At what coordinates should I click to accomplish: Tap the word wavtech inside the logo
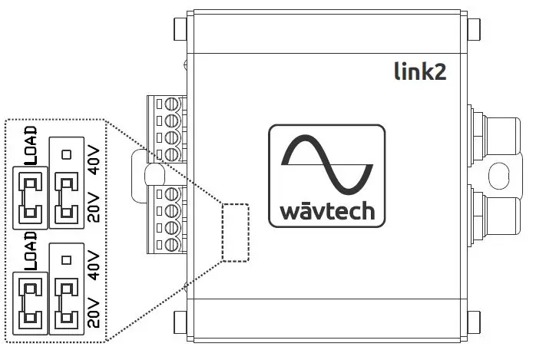coord(327,210)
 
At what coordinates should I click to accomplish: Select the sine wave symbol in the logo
coord(327,164)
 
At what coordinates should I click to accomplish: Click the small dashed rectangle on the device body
coord(235,230)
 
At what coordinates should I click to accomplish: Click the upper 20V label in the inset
coord(94,207)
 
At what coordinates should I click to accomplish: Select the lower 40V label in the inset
coord(94,263)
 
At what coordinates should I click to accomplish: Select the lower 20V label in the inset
coord(94,312)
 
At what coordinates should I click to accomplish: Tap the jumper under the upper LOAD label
coord(31,198)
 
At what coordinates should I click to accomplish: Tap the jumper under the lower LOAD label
coord(31,302)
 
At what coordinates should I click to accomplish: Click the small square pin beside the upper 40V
coord(66,154)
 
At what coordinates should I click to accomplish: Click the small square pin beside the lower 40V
coord(66,259)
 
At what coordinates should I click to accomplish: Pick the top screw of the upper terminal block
coord(173,103)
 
